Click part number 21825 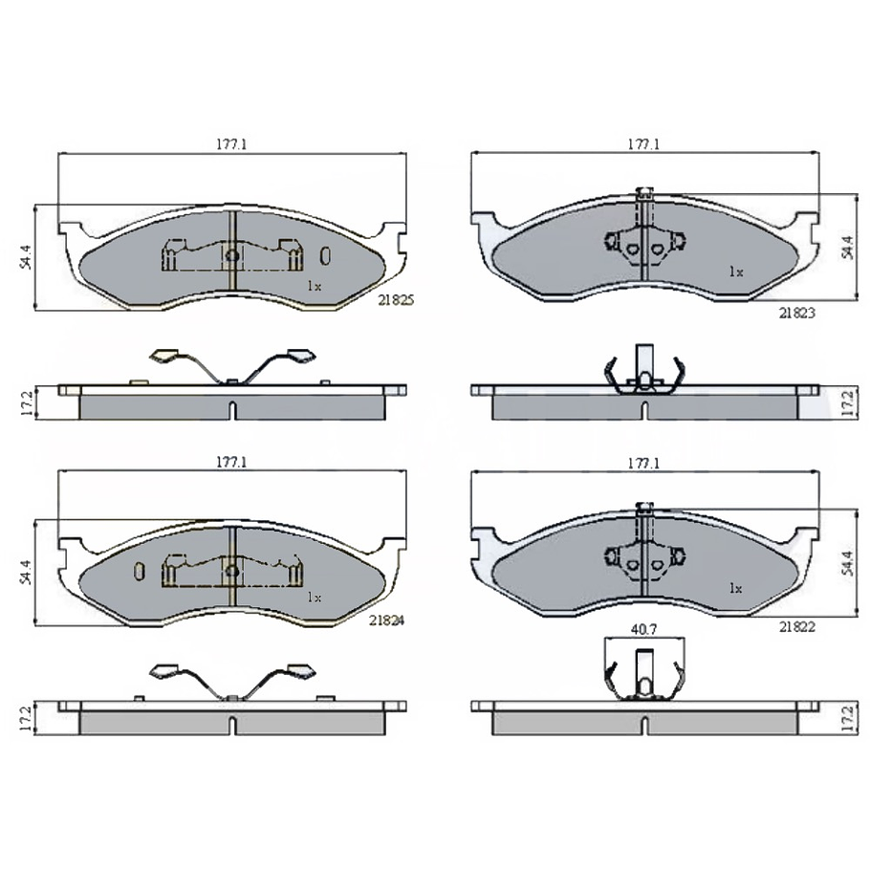pos(396,300)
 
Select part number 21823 pos(796,313)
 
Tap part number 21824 pos(387,620)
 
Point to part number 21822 pos(796,627)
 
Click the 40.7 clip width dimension pos(643,629)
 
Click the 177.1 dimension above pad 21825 pos(231,144)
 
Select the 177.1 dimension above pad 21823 pos(643,144)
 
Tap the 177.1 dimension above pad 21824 pos(231,462)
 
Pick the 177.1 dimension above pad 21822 pos(643,463)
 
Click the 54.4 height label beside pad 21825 pos(26,257)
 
